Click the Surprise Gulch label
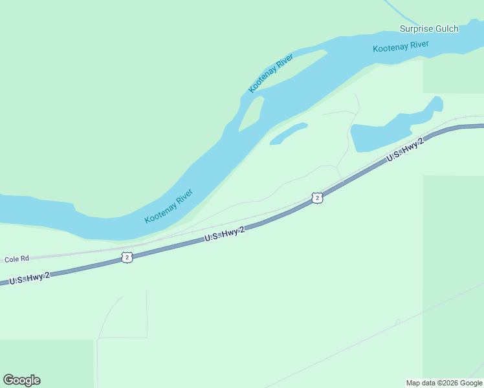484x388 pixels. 429,28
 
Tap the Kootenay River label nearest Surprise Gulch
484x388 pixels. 401,47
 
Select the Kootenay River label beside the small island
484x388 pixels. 271,72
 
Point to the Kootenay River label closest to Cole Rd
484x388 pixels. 168,206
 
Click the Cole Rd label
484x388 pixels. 17,259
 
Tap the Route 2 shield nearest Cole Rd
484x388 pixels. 127,257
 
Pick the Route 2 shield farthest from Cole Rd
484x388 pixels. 316,198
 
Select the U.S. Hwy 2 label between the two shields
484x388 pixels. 225,234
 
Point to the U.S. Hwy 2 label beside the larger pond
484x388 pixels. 405,149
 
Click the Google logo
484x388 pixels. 22,380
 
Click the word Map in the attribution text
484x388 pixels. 414,383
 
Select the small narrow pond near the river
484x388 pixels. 288,134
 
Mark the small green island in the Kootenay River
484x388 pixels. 251,113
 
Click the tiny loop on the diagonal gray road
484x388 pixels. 398,321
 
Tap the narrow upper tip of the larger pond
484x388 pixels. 436,103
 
